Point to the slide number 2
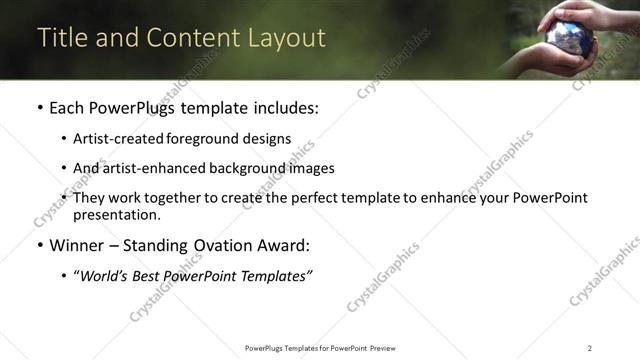[590, 347]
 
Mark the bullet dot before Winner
[39, 245]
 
